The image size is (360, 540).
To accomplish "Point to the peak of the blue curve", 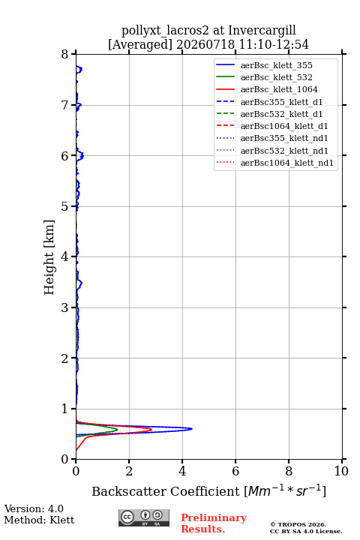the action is [x=192, y=429].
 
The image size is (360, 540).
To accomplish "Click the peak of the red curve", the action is [x=151, y=430].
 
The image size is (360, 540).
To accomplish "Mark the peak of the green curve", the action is [x=118, y=430].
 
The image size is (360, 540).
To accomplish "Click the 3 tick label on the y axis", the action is [x=64, y=307].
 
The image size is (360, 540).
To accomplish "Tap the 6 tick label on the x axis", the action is [x=235, y=471].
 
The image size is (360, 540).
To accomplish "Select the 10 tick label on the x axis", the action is [x=341, y=471].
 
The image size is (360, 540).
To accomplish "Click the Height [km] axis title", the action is [x=49, y=257].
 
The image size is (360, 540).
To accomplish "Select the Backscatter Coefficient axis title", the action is [x=209, y=490].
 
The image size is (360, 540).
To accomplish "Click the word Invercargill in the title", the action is [x=262, y=31].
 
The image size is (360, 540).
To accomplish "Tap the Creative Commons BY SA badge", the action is [x=144, y=517].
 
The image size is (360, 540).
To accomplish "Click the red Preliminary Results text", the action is [x=214, y=523].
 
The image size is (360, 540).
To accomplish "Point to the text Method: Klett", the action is [x=39, y=520].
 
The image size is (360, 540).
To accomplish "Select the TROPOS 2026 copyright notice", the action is [x=298, y=524].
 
